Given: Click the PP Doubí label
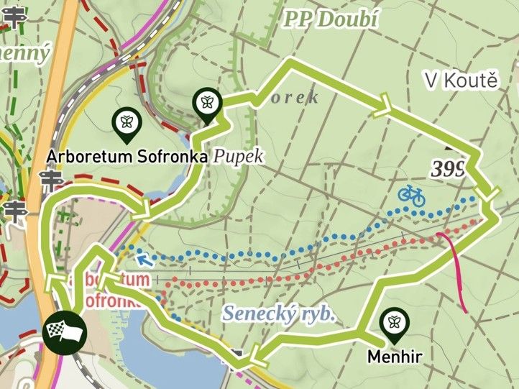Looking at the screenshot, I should pos(331,19).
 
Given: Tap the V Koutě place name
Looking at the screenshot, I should pos(461,81).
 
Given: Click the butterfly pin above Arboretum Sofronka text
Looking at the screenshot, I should pos(127,124).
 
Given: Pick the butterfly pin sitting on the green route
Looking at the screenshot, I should pos(207,103).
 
